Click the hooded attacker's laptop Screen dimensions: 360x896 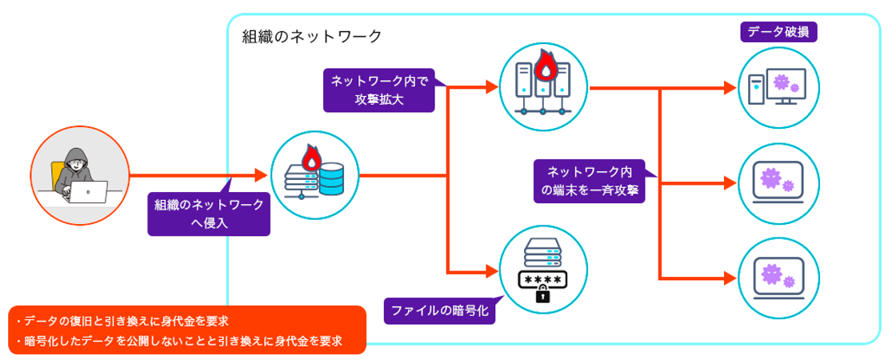coord(87,192)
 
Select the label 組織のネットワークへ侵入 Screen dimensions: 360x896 coord(210,214)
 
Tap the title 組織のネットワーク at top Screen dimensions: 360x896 coord(311,37)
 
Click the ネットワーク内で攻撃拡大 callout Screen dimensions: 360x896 coord(379,90)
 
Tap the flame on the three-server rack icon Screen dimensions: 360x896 coord(546,66)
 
